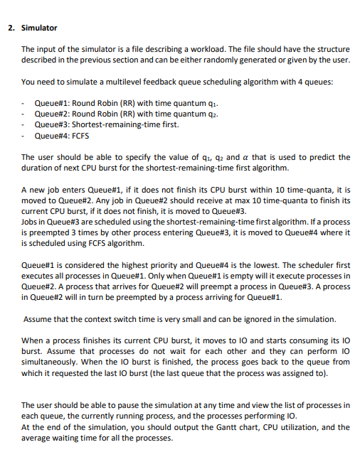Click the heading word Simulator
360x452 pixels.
point(40,28)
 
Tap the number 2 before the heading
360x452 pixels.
point(11,28)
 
